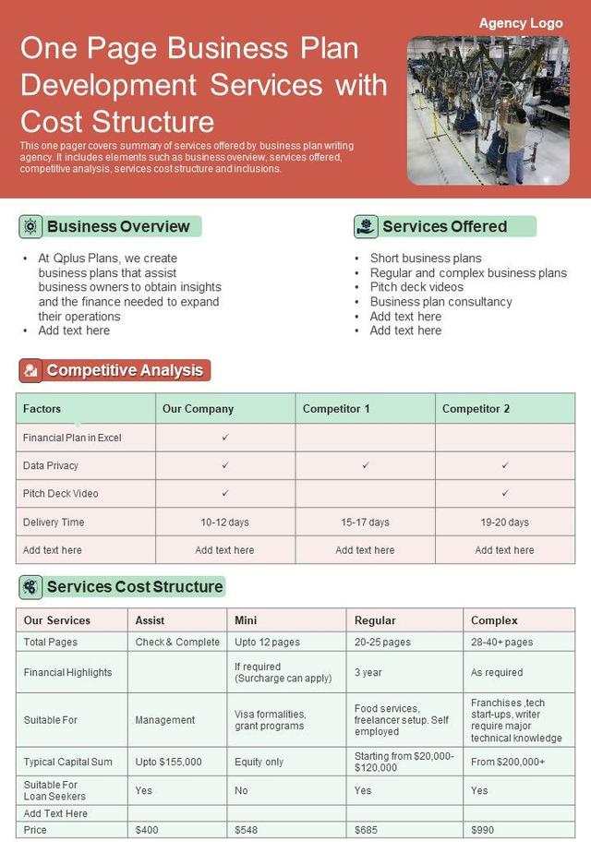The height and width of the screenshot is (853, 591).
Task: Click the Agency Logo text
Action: click(x=520, y=23)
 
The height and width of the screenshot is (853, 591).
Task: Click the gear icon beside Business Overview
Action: click(x=31, y=227)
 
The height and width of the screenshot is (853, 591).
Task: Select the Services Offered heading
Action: click(x=444, y=227)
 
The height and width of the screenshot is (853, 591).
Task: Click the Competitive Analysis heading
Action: click(x=125, y=371)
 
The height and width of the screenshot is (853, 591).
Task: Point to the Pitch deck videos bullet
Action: click(x=416, y=287)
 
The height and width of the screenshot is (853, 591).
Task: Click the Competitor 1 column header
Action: click(x=336, y=409)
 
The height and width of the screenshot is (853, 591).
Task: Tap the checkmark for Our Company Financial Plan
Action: click(x=225, y=438)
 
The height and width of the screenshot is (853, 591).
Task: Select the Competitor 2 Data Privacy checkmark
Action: click(x=505, y=466)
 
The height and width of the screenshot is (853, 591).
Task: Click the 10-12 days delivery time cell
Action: click(x=225, y=523)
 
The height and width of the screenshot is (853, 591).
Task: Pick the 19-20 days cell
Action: click(x=505, y=523)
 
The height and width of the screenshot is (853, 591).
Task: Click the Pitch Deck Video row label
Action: click(x=61, y=494)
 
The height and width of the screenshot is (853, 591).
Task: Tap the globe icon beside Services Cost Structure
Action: click(x=31, y=587)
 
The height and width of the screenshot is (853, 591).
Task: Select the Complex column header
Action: click(x=494, y=620)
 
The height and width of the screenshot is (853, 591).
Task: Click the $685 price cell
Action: click(x=368, y=830)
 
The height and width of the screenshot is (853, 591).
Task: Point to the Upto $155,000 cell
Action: click(x=168, y=763)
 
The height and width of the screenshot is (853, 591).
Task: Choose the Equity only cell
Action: click(x=259, y=763)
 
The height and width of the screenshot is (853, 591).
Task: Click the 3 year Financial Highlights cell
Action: click(x=368, y=673)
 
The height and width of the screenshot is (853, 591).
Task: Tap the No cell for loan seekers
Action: click(x=241, y=791)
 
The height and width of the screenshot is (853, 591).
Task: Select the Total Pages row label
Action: click(x=51, y=643)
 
